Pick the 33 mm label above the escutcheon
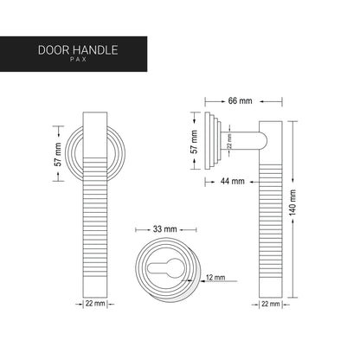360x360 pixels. click(x=164, y=228)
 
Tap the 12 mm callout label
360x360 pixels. click(x=215, y=278)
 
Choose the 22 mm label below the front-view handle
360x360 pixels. click(x=96, y=304)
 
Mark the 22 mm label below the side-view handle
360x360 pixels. click(x=269, y=304)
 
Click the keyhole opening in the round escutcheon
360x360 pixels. click(x=164, y=267)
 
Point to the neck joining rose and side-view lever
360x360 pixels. click(x=247, y=138)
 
